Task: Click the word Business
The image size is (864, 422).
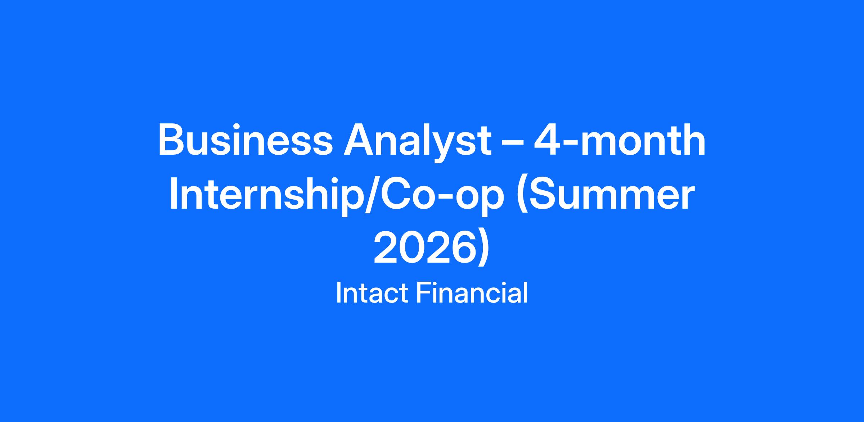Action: [x=245, y=140]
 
